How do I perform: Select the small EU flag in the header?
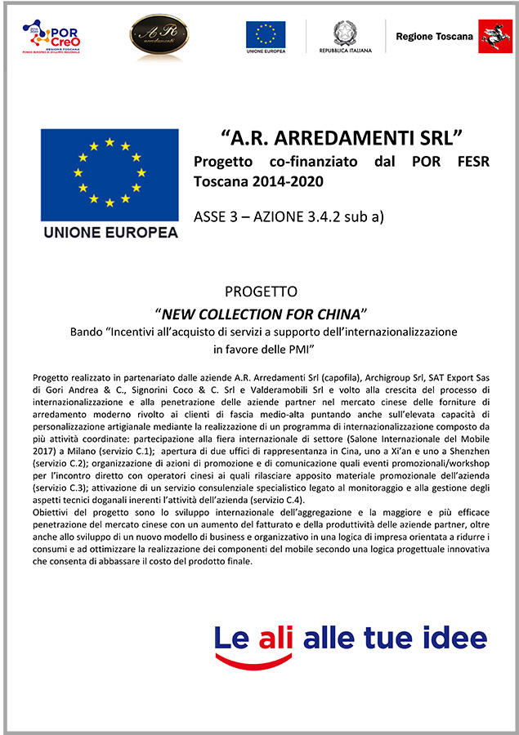266,33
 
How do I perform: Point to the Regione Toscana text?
434,37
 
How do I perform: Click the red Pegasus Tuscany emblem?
494,37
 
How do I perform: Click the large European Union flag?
110,174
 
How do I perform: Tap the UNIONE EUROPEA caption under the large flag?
110,232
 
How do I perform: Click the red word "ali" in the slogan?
274,637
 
